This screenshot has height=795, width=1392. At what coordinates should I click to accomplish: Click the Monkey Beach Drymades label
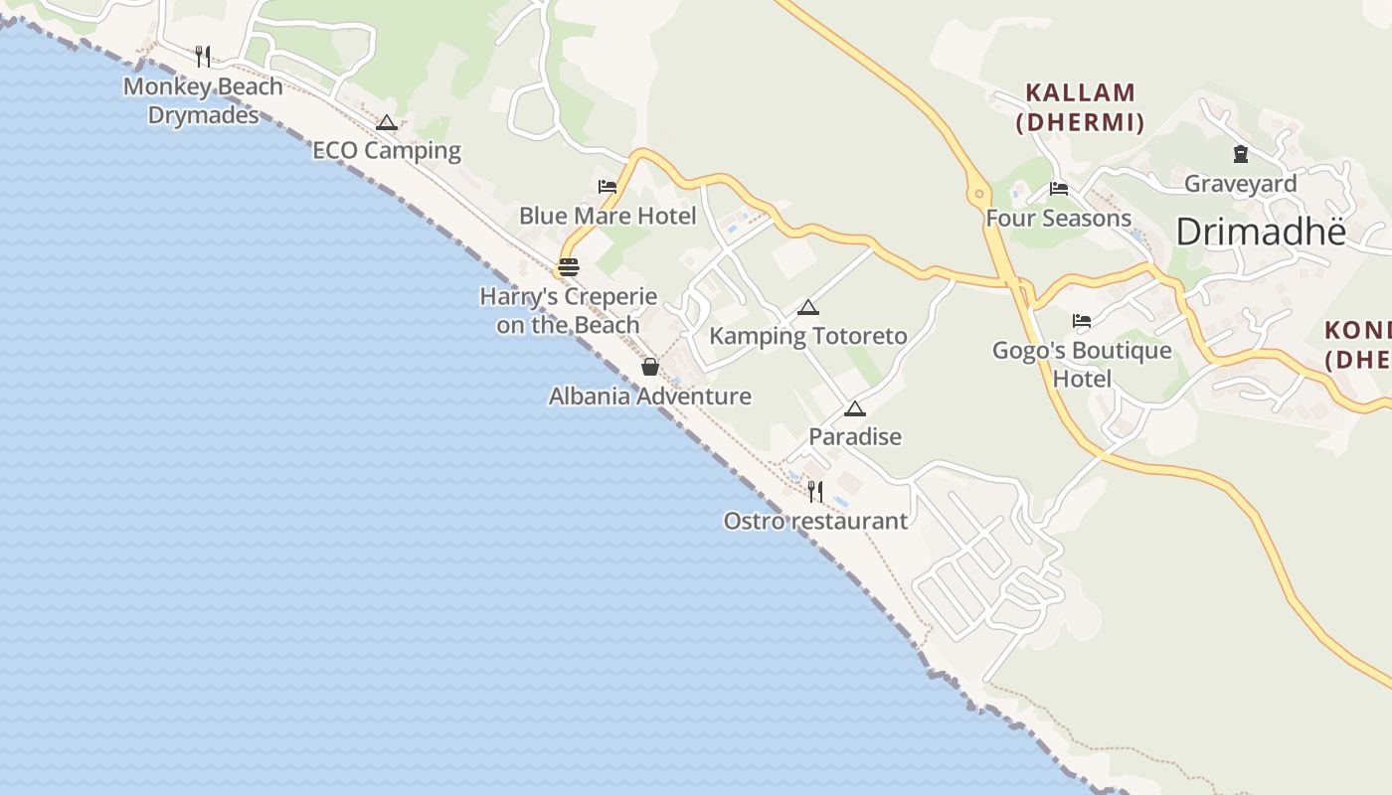203,100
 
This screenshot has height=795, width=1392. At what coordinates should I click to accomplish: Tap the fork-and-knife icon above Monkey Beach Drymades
203,55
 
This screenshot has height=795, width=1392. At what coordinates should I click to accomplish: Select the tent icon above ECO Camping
387,122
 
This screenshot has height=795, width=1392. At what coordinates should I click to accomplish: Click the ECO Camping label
387,151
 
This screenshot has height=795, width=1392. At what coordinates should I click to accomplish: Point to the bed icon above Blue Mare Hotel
608,186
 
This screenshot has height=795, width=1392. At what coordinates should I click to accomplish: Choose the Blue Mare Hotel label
608,216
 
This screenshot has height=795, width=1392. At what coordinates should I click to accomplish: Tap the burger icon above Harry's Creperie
569,266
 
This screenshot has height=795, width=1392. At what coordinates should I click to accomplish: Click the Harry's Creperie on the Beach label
569,310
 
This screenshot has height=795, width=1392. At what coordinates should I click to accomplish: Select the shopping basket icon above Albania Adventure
649,367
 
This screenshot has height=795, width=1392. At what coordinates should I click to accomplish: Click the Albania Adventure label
649,397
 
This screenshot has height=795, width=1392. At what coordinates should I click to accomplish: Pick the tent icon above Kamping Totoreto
807,307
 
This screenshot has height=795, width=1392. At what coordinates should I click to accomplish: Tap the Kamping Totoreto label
807,336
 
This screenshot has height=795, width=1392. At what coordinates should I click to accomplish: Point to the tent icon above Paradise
854,408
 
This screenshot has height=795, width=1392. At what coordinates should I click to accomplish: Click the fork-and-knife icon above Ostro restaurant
815,491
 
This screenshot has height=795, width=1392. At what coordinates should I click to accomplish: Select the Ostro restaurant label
815,521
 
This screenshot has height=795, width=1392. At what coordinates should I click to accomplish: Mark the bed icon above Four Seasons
1059,188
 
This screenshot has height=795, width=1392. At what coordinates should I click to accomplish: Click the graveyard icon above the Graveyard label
1240,154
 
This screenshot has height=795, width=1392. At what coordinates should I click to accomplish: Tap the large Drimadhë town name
1260,233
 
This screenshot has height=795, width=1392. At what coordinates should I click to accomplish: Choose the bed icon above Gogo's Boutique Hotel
1082,321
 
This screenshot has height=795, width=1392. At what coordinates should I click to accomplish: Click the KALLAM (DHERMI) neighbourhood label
1080,107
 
